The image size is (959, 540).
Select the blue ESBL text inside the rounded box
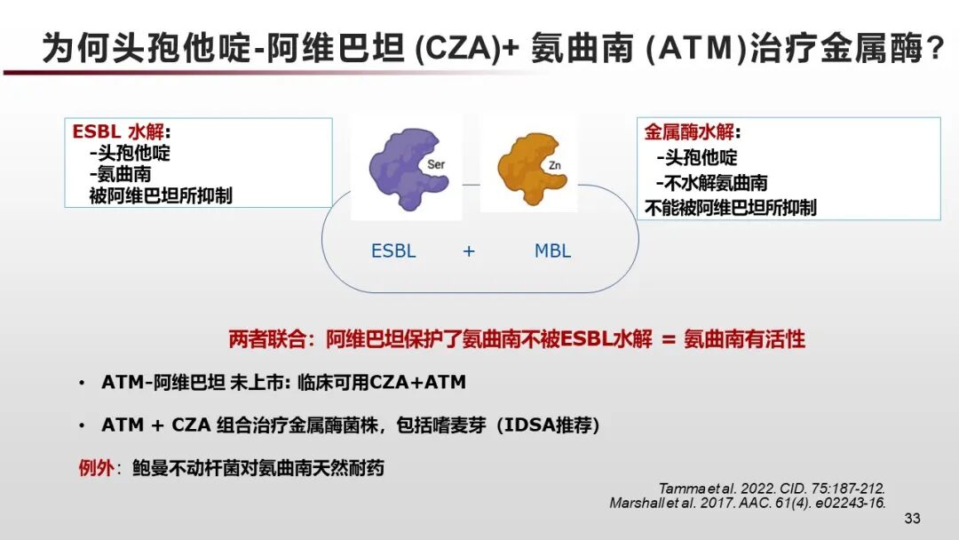393,251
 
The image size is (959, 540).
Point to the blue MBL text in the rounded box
552,251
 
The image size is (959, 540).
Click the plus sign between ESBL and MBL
469,251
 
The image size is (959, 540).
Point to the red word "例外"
95,468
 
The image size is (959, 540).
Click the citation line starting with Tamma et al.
772,488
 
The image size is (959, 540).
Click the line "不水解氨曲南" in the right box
712,184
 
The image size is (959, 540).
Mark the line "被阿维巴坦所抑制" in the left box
161,196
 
